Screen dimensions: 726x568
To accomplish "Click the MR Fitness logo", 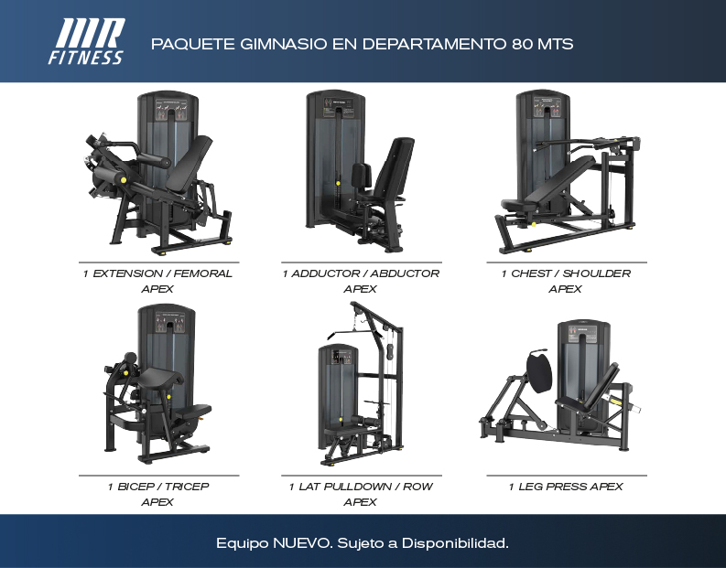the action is [x=87, y=41].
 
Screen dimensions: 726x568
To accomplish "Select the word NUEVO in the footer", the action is [x=302, y=543].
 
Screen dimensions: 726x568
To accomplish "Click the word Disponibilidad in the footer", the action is [x=455, y=543].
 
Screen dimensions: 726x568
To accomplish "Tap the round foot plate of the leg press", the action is [x=539, y=371].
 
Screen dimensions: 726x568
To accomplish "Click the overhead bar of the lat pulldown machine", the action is [x=354, y=332].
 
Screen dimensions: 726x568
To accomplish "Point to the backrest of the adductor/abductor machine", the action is [x=396, y=166].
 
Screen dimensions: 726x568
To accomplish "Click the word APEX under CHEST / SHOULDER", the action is [x=566, y=289].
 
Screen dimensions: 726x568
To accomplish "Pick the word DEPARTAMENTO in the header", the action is [x=434, y=44].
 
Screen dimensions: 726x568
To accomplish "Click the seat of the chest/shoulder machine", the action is [x=515, y=204].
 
